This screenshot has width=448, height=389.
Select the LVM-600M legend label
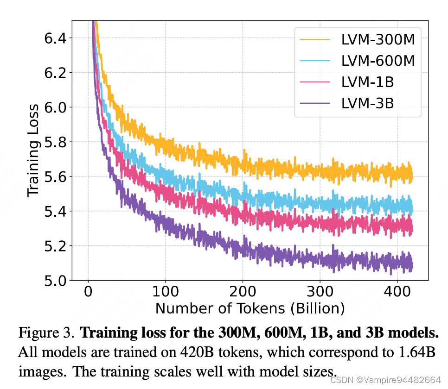click(x=378, y=61)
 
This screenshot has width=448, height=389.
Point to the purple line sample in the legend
click(x=315, y=103)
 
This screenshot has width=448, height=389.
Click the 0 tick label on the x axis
click(x=88, y=292)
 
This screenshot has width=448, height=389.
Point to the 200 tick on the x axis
click(x=243, y=292)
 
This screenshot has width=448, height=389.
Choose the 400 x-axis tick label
click(x=397, y=292)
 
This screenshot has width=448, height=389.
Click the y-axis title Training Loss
click(x=33, y=151)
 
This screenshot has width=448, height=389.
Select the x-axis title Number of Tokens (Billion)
click(x=250, y=308)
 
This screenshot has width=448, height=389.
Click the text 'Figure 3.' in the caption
click(x=46, y=333)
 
